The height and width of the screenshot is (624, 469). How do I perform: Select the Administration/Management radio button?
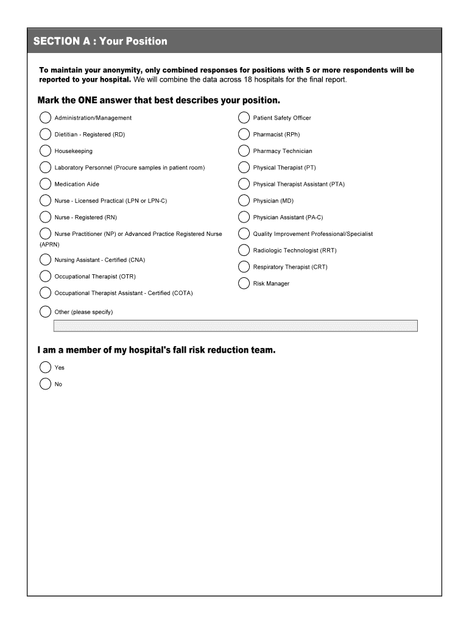tap(45, 118)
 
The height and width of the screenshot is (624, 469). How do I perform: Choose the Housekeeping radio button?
tap(45, 151)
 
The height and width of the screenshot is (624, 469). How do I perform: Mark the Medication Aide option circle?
tap(45, 184)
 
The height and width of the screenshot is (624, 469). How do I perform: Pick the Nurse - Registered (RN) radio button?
tap(45, 217)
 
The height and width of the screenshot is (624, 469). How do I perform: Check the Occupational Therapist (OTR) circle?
tap(45, 276)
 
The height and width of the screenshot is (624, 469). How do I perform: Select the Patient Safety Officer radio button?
tap(244, 118)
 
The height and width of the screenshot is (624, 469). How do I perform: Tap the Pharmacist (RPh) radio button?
tap(244, 134)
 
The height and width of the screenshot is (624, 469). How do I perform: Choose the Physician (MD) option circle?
tap(244, 200)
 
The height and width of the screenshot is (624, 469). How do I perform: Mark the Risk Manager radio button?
tap(244, 283)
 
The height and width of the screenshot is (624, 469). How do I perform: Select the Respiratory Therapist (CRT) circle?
tap(244, 267)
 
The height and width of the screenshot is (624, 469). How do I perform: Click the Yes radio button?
tap(45, 367)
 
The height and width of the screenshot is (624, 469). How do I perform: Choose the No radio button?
tap(45, 384)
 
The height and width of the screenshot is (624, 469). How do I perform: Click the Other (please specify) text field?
tap(235, 326)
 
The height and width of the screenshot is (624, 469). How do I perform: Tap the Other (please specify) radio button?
tap(45, 312)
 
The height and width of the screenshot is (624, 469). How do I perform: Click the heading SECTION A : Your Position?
tap(100, 41)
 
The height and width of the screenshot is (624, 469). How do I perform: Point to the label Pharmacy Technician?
tap(283, 151)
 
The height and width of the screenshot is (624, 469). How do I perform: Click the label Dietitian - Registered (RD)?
tap(90, 135)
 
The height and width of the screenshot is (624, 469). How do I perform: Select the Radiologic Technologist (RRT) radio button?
tap(244, 250)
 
